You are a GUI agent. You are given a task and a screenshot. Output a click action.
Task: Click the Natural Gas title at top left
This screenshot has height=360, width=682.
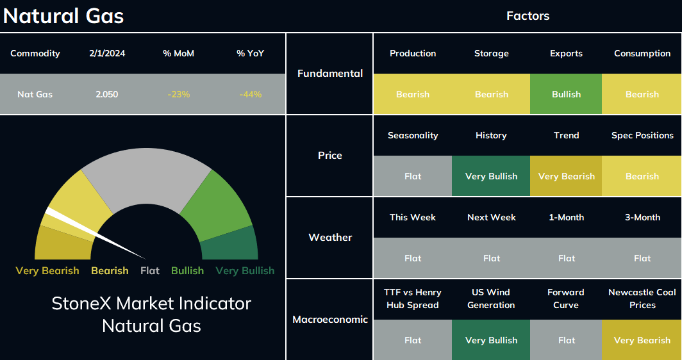[x=63, y=16]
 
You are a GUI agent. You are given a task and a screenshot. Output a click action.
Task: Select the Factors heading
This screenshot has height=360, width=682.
[x=528, y=16]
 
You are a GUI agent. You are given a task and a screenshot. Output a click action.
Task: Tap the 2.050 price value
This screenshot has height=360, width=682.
[x=107, y=94]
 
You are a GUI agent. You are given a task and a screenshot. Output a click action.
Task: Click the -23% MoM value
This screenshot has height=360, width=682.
[x=179, y=94]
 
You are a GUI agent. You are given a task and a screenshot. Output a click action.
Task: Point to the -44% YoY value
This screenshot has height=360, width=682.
[x=251, y=94]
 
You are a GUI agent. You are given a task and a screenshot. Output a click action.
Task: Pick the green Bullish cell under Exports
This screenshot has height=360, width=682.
[x=566, y=94]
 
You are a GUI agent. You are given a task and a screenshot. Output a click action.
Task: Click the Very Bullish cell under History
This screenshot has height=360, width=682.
[x=491, y=176]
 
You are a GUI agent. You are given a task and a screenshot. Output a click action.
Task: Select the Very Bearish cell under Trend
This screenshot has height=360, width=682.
[x=566, y=176]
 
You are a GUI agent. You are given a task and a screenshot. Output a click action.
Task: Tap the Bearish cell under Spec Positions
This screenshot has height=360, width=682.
[x=642, y=176]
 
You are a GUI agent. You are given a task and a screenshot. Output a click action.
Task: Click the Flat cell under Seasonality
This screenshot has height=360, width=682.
[x=413, y=176]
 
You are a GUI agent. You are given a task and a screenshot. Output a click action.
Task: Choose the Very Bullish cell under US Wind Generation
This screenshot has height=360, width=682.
[x=491, y=340]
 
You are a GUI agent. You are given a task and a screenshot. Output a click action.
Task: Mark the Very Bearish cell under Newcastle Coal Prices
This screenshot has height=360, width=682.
[x=642, y=340]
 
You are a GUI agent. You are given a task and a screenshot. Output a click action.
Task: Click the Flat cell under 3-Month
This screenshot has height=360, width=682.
[x=642, y=258]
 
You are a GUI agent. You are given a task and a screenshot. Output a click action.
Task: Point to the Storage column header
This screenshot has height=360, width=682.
[x=492, y=53]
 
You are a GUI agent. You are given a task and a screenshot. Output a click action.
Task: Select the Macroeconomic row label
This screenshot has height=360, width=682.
[x=330, y=320]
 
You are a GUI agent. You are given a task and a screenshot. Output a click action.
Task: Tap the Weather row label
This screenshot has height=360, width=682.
[x=330, y=238]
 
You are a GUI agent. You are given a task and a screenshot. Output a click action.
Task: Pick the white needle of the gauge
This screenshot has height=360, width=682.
[x=96, y=233]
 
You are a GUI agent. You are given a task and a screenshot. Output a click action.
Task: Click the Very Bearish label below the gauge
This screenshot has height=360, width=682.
[x=47, y=271]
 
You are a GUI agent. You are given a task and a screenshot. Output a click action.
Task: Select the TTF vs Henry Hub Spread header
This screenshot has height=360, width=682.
[x=413, y=299]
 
